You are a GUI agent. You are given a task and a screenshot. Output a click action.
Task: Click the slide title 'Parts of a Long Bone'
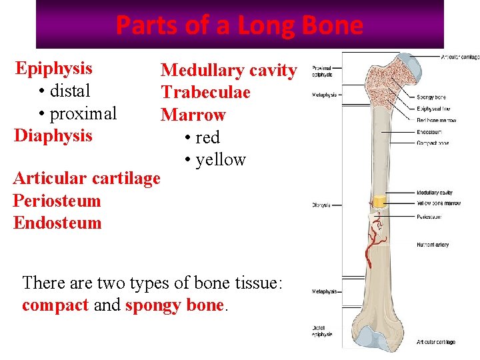tap(239, 25)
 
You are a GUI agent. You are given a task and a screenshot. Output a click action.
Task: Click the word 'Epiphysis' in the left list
tap(53, 68)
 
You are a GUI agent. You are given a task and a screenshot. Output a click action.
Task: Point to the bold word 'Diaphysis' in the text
tap(53, 136)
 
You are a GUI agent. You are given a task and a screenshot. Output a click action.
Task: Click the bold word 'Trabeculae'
tap(205, 92)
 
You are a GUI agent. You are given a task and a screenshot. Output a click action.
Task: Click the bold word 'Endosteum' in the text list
tap(57, 223)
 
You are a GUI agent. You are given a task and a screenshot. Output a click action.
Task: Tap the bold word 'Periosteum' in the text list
tap(57, 201)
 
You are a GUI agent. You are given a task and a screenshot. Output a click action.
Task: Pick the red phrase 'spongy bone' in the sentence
tap(174, 305)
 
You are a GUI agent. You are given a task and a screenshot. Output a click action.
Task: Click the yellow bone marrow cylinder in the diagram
tap(379, 201)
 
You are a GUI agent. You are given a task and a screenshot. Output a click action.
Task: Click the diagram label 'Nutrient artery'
tap(433, 245)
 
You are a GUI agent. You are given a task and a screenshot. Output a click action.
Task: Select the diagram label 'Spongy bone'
tap(431, 97)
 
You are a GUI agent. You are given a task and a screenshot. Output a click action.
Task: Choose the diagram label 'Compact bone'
tap(433, 143)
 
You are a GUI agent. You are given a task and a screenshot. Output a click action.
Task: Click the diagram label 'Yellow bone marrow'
tap(439, 203)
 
